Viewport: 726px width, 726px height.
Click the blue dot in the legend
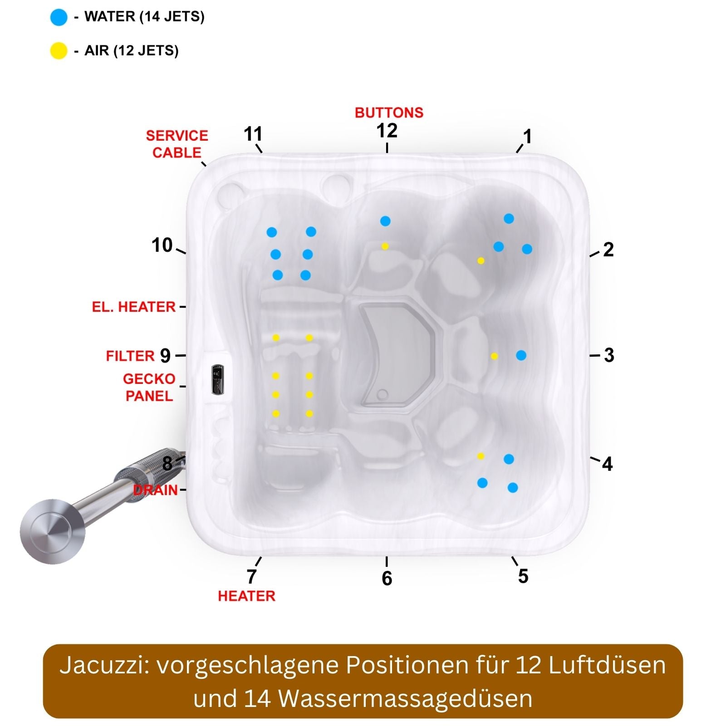point(59,17)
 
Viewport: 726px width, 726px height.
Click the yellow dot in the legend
point(59,50)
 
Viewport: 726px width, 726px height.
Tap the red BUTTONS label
point(389,113)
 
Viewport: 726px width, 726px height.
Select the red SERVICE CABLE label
point(177,144)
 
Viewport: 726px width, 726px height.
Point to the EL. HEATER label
point(134,307)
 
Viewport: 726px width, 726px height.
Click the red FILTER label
point(130,356)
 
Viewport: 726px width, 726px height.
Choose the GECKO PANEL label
point(149,387)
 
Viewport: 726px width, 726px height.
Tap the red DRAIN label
point(156,490)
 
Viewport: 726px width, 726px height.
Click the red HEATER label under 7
point(246,596)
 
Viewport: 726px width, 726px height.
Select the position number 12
point(387,131)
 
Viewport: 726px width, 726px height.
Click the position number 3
point(609,355)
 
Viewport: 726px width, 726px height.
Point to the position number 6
point(387,578)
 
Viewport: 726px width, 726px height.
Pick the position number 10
point(162,245)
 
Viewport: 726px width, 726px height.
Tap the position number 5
point(523,576)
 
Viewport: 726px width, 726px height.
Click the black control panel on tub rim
point(217,379)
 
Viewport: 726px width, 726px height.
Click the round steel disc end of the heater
point(53,531)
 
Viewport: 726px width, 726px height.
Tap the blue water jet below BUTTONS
point(385,221)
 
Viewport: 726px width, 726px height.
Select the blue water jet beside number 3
point(521,355)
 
